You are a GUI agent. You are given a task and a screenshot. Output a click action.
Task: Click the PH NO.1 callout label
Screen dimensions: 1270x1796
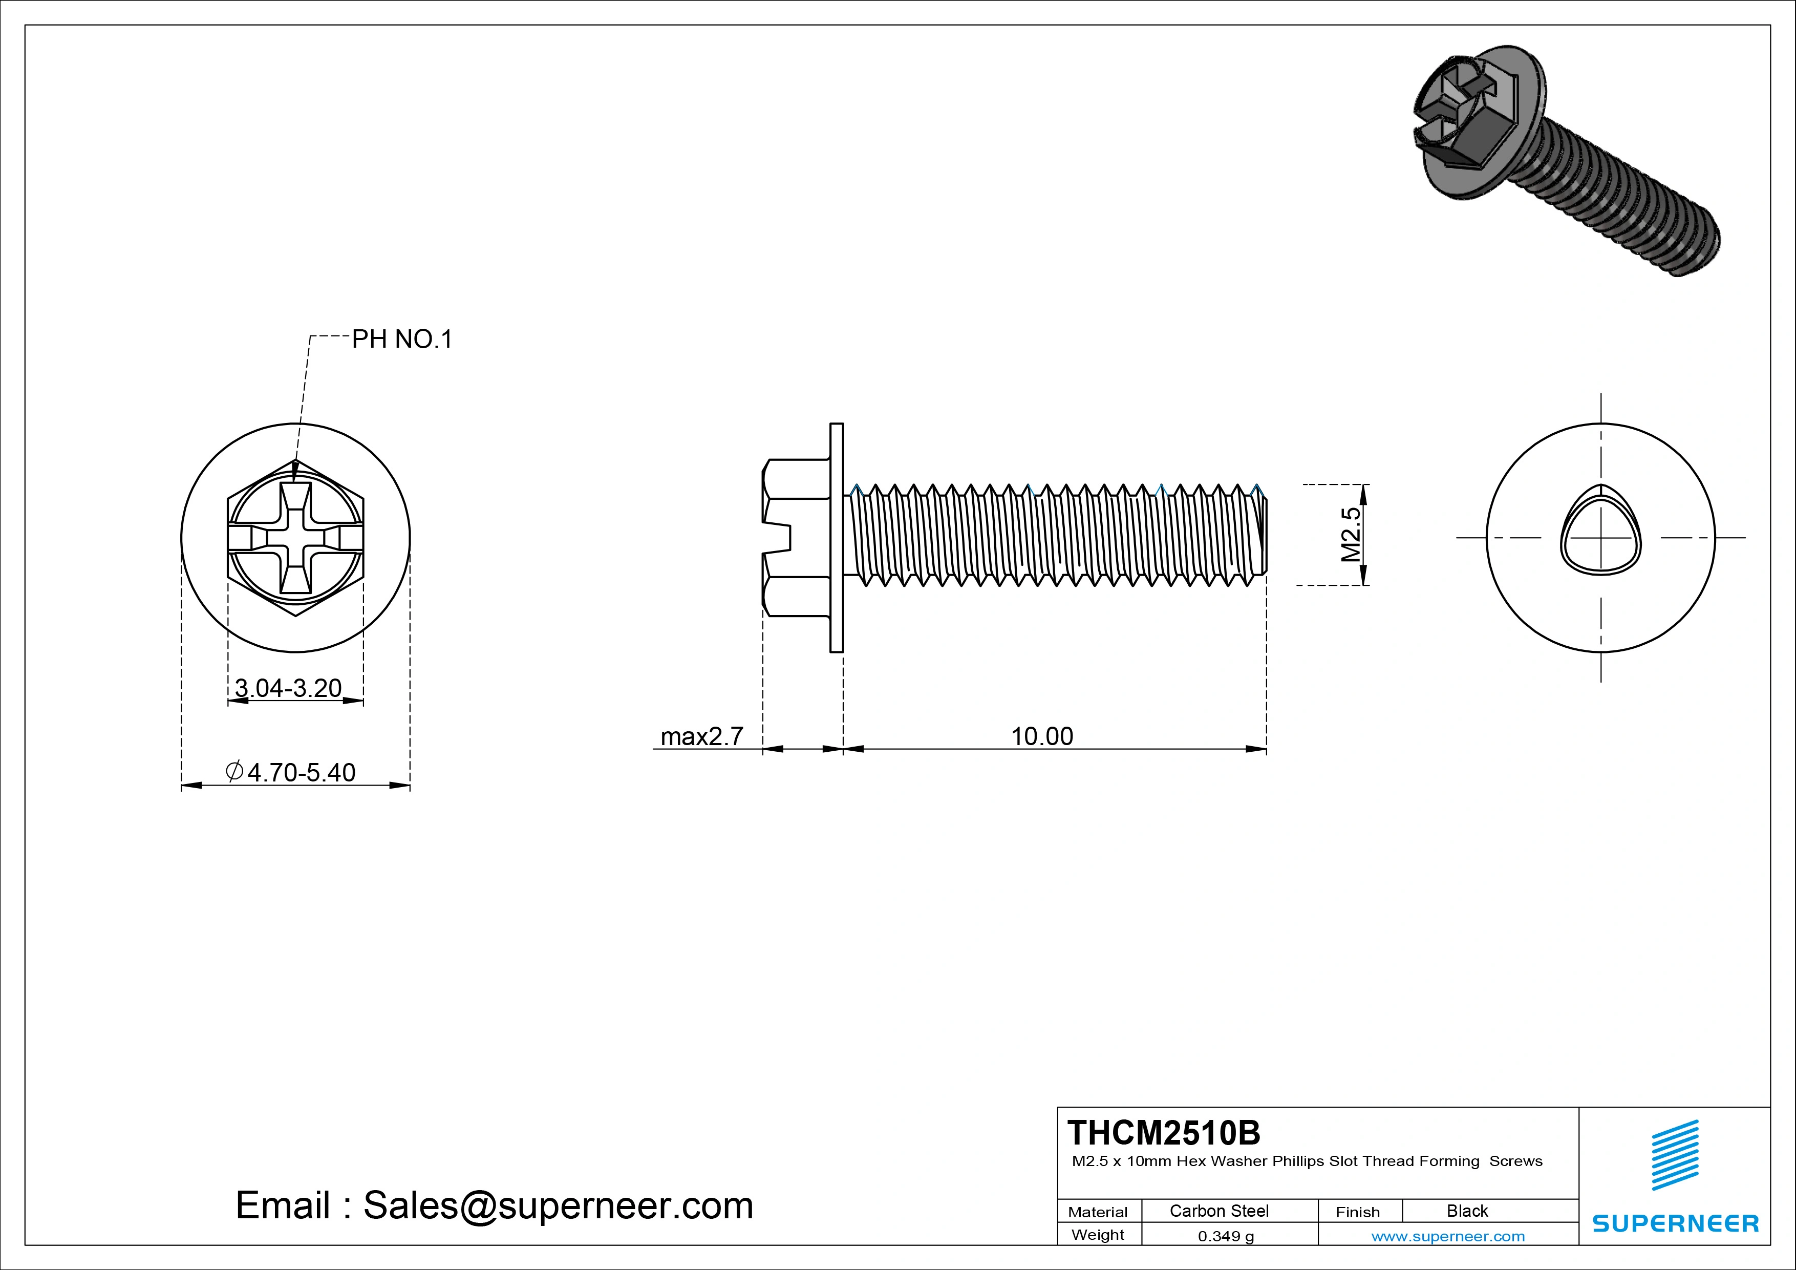point(402,339)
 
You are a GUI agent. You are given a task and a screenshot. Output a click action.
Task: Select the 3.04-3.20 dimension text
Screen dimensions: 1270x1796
point(288,688)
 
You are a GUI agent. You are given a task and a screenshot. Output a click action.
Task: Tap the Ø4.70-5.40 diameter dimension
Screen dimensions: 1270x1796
point(291,772)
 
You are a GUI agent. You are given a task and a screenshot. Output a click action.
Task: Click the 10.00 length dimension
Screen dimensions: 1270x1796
point(1042,736)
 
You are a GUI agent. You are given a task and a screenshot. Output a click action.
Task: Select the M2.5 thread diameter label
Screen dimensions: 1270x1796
point(1351,535)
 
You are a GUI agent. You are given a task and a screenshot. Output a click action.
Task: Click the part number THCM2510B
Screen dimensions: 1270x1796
point(1164,1132)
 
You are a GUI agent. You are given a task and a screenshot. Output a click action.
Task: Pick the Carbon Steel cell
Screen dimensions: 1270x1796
point(1218,1211)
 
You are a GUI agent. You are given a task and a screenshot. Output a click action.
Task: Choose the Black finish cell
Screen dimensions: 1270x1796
point(1467,1211)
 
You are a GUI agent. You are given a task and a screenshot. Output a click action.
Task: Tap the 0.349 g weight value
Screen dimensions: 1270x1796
point(1226,1236)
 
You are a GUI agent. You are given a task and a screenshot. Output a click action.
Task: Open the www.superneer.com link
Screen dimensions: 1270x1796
point(1448,1236)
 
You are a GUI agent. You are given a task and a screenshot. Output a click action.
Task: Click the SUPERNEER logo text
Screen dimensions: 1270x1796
point(1675,1223)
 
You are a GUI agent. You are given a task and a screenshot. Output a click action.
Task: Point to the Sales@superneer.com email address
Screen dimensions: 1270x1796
point(558,1205)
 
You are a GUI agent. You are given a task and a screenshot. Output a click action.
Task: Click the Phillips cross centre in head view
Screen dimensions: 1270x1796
point(296,538)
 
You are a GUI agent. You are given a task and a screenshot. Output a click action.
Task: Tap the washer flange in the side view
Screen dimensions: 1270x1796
point(836,538)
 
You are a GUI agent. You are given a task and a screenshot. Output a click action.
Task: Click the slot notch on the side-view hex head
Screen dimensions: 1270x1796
point(778,538)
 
